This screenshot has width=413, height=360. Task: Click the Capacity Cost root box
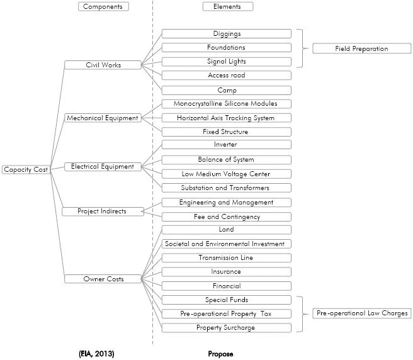(x=26, y=169)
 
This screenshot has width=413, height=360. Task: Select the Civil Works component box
(x=103, y=65)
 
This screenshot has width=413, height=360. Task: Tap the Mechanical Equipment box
(x=103, y=118)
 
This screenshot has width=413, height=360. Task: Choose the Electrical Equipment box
(x=103, y=167)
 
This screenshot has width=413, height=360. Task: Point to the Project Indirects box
(x=103, y=211)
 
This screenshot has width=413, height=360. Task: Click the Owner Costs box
(x=103, y=279)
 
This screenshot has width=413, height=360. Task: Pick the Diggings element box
(x=227, y=34)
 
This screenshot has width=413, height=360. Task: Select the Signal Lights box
(x=227, y=62)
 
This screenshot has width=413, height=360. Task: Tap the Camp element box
(x=227, y=91)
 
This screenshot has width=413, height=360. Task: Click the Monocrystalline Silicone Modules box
(x=227, y=104)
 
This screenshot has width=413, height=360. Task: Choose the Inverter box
(x=227, y=145)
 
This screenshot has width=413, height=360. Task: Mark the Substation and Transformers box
(x=227, y=188)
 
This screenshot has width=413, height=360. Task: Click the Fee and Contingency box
(x=227, y=217)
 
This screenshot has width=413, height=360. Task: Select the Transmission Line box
(x=227, y=258)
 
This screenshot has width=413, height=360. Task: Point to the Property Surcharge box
(x=227, y=328)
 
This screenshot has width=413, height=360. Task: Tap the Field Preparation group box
(x=362, y=48)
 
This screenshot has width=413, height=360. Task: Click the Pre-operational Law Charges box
(x=362, y=313)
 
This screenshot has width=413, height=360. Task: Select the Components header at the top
(x=103, y=6)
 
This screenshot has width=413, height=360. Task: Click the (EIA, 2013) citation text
(x=96, y=354)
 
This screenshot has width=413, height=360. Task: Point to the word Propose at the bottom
(x=220, y=354)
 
